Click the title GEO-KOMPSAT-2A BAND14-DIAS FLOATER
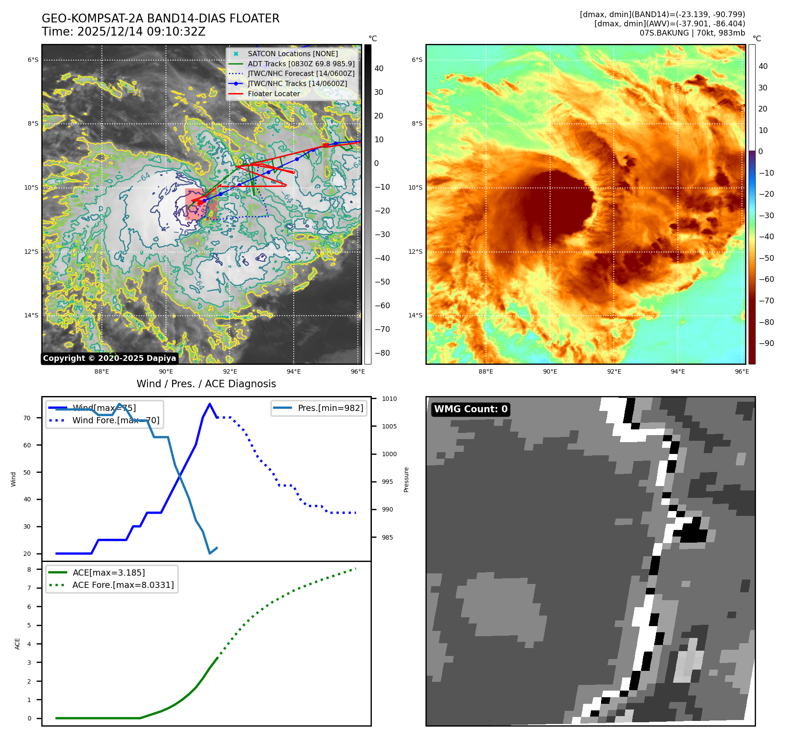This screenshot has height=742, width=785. tap(160, 18)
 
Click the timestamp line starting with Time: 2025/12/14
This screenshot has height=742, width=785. tap(123, 32)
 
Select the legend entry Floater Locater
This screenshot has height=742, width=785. tap(274, 94)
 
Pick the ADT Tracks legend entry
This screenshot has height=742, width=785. tap(301, 64)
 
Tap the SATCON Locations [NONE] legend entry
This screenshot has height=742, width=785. tap(292, 54)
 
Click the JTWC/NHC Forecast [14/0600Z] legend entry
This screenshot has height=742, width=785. tap(301, 73)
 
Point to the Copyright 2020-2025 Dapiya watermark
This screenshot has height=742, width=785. tap(109, 358)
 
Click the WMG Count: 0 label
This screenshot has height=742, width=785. tap(471, 409)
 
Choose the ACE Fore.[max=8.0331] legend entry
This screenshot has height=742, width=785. tap(123, 585)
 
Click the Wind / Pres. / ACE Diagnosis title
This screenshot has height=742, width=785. tap(206, 384)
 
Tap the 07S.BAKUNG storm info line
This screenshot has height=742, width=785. tap(692, 33)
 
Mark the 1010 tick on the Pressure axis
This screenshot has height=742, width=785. tap(389, 399)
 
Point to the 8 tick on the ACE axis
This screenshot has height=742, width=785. tap(29, 569)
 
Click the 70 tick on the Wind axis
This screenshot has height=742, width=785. tap(27, 418)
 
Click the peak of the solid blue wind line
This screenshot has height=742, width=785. tap(210, 404)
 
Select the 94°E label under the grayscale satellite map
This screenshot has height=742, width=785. tap(294, 372)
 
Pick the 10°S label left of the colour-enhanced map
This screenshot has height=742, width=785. tap(415, 187)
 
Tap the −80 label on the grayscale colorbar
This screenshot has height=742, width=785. tap(382, 353)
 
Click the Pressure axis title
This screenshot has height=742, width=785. tap(407, 479)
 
